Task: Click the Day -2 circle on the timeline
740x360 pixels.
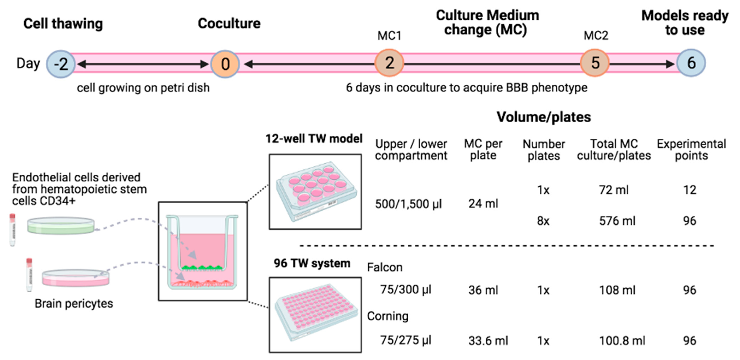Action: coord(61,63)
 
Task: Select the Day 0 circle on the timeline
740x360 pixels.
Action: coord(225,63)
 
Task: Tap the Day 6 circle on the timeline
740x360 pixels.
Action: coord(691,63)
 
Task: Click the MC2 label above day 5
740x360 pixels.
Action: coord(596,36)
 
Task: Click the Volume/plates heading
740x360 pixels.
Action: coord(543,117)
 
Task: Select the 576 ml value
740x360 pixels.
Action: coord(617,221)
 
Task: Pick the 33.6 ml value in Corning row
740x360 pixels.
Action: coord(488,341)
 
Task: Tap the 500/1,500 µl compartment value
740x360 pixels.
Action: coord(408,204)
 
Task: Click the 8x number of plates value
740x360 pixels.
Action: coord(543,221)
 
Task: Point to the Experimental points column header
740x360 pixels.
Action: coord(691,150)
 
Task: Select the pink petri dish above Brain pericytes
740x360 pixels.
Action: coord(76,278)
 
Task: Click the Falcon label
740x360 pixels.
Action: coord(385,267)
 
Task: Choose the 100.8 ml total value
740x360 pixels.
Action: coord(622,341)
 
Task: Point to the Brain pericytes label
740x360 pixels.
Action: coord(74,304)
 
